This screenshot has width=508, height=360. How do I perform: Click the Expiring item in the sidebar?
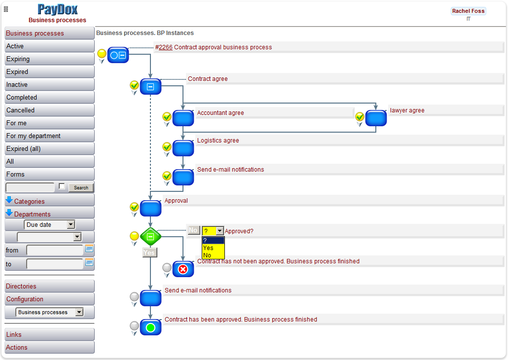49,59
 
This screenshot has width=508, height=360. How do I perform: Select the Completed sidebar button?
49,98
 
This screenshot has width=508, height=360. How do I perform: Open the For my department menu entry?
49,136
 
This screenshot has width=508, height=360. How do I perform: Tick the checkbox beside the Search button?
62,186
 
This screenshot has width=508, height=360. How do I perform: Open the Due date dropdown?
49,225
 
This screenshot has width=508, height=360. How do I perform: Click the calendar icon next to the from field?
89,249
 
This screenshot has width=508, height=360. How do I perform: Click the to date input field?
54,264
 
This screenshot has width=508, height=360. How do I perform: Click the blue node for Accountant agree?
183,118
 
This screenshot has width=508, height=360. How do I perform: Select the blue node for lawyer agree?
376,118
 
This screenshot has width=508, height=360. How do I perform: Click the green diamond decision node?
150,237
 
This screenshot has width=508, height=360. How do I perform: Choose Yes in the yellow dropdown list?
208,248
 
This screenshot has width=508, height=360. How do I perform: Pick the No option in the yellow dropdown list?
207,255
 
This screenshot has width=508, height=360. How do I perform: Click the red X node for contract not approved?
183,269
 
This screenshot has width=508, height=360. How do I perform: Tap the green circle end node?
150,327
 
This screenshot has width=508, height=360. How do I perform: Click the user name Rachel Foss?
468,11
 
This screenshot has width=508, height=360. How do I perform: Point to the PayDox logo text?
58,9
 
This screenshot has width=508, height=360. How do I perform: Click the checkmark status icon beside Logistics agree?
167,146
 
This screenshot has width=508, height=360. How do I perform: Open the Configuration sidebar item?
49,299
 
